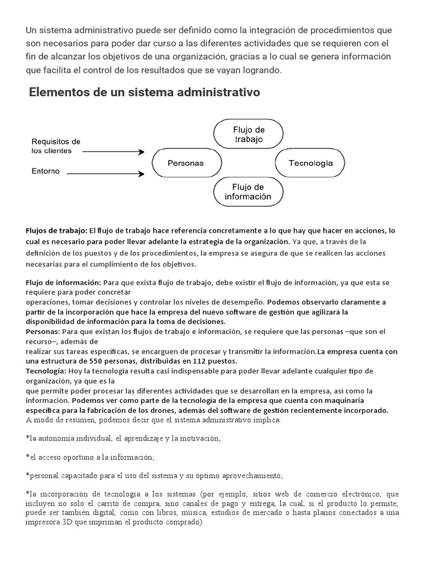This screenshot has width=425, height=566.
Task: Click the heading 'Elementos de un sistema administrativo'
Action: click(144, 92)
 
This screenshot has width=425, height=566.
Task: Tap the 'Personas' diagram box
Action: click(185, 163)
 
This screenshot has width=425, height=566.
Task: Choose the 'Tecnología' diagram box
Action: click(310, 163)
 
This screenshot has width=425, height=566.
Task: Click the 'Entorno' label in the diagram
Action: click(45, 171)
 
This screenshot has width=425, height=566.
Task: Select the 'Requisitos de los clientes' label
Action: click(55, 146)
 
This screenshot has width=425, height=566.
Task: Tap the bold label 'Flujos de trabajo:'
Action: click(56, 230)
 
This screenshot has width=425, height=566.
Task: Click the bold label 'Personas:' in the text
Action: click(43, 332)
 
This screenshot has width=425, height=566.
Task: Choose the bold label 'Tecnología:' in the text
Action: click(46, 370)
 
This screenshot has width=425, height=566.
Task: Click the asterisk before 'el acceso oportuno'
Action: click(28, 458)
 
